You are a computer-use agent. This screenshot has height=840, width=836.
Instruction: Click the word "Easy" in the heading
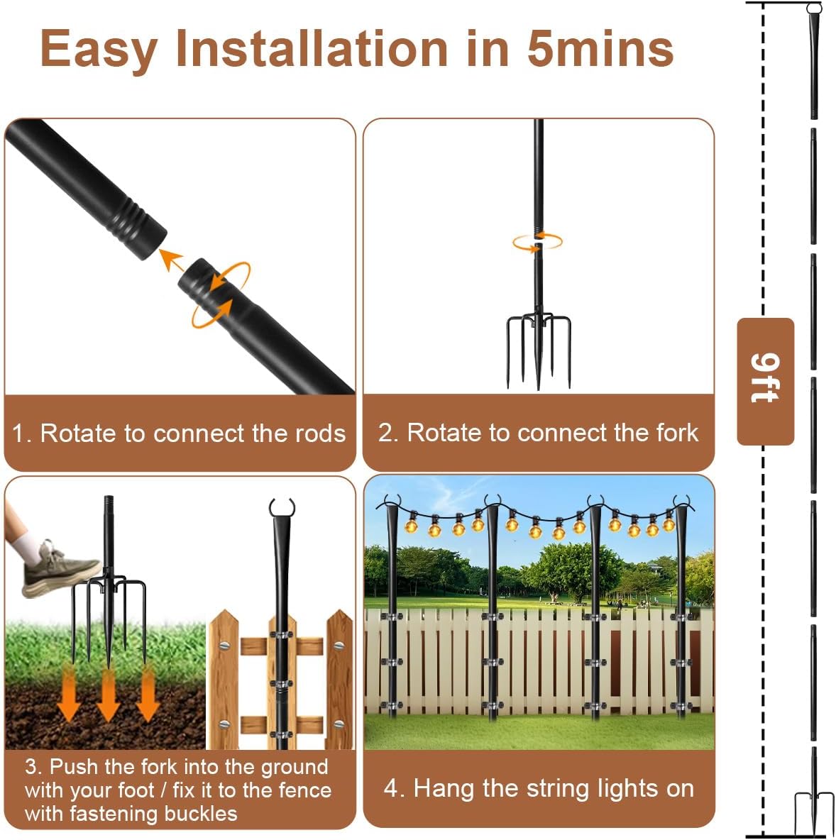point(99,50)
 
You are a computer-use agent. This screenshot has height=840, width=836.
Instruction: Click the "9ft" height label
point(765,379)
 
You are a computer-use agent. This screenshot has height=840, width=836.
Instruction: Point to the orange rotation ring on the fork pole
point(537,241)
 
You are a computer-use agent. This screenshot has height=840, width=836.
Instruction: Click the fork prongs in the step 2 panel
point(538,348)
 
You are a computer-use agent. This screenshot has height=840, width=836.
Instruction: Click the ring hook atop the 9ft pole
point(814,9)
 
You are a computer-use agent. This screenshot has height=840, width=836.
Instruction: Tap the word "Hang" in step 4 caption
point(441,788)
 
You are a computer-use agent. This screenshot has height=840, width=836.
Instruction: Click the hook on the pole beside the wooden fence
point(281,509)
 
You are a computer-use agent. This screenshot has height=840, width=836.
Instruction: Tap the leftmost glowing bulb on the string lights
point(411,525)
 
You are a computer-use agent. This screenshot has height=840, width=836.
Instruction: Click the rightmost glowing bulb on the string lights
point(669,523)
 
